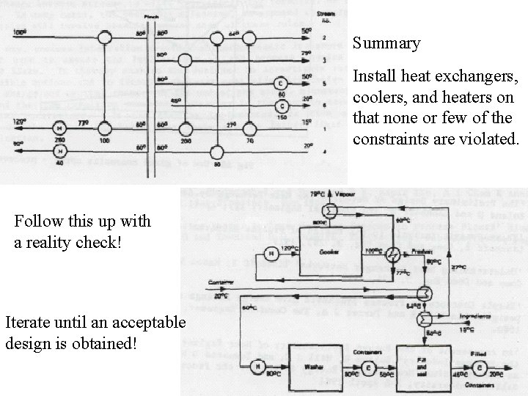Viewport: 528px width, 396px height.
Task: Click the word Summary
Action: [x=386, y=43]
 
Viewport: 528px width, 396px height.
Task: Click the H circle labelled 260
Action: [x=59, y=129]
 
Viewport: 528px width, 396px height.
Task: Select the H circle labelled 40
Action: [x=59, y=152]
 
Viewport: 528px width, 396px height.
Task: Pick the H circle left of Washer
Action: [x=258, y=367]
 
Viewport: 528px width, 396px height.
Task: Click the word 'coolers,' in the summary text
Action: [x=376, y=98]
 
